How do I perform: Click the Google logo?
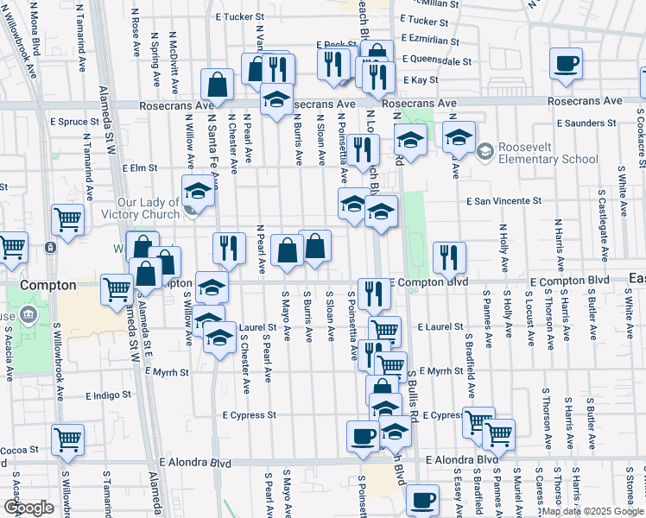tap(28, 508)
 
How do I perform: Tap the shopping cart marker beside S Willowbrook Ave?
tap(67, 440)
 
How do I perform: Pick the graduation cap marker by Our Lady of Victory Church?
tap(198, 191)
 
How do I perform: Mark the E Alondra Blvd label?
tap(195, 463)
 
